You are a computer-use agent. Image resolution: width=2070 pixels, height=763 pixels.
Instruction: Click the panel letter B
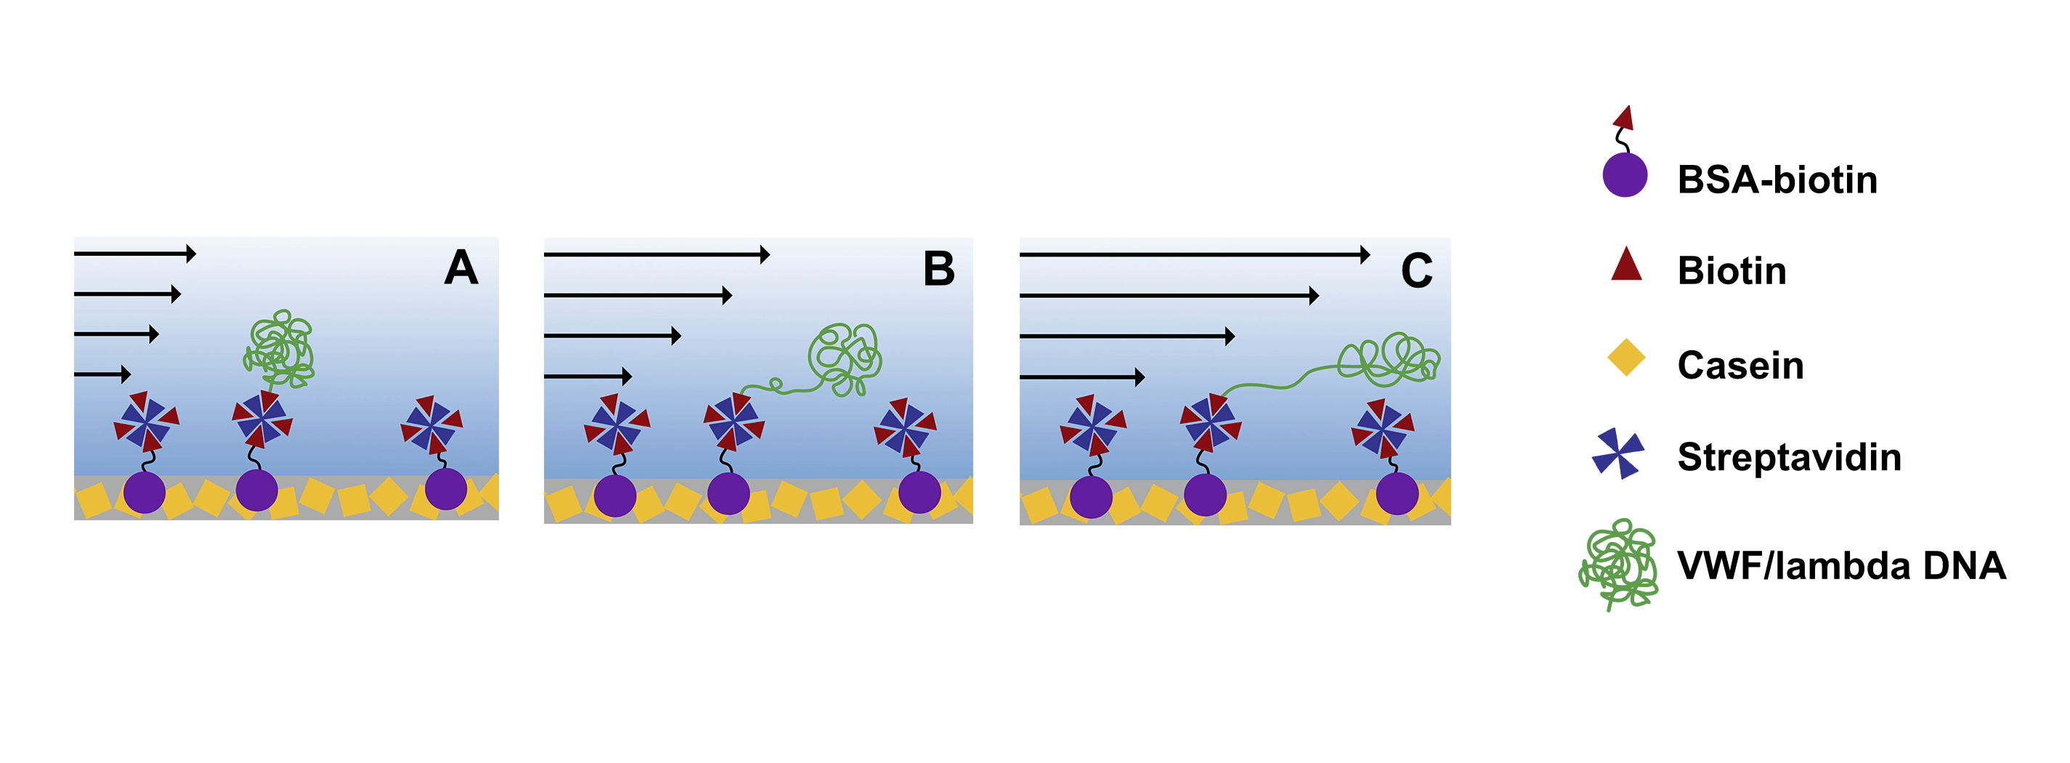(938, 269)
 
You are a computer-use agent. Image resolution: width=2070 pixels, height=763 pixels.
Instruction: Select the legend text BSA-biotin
(1777, 179)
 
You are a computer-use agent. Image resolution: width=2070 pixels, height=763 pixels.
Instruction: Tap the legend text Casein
(1740, 365)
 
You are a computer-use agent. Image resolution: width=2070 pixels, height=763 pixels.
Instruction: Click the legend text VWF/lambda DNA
(1841, 565)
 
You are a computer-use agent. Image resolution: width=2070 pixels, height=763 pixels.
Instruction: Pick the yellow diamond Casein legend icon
(1625, 358)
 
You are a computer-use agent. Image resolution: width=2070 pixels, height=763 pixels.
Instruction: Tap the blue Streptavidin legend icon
(1617, 453)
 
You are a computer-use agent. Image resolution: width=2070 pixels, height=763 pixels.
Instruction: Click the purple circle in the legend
(1625, 174)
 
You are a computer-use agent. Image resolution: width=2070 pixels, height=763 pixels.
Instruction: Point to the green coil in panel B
(844, 358)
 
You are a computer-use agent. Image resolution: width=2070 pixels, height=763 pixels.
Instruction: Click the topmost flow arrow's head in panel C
(1365, 255)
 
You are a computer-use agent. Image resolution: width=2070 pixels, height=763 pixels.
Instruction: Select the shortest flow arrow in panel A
(102, 374)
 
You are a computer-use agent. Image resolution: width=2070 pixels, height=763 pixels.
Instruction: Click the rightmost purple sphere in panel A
(445, 489)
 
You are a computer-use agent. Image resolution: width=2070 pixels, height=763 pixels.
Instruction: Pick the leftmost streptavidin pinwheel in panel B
(617, 424)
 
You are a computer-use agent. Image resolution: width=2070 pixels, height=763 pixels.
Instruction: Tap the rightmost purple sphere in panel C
(1397, 493)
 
